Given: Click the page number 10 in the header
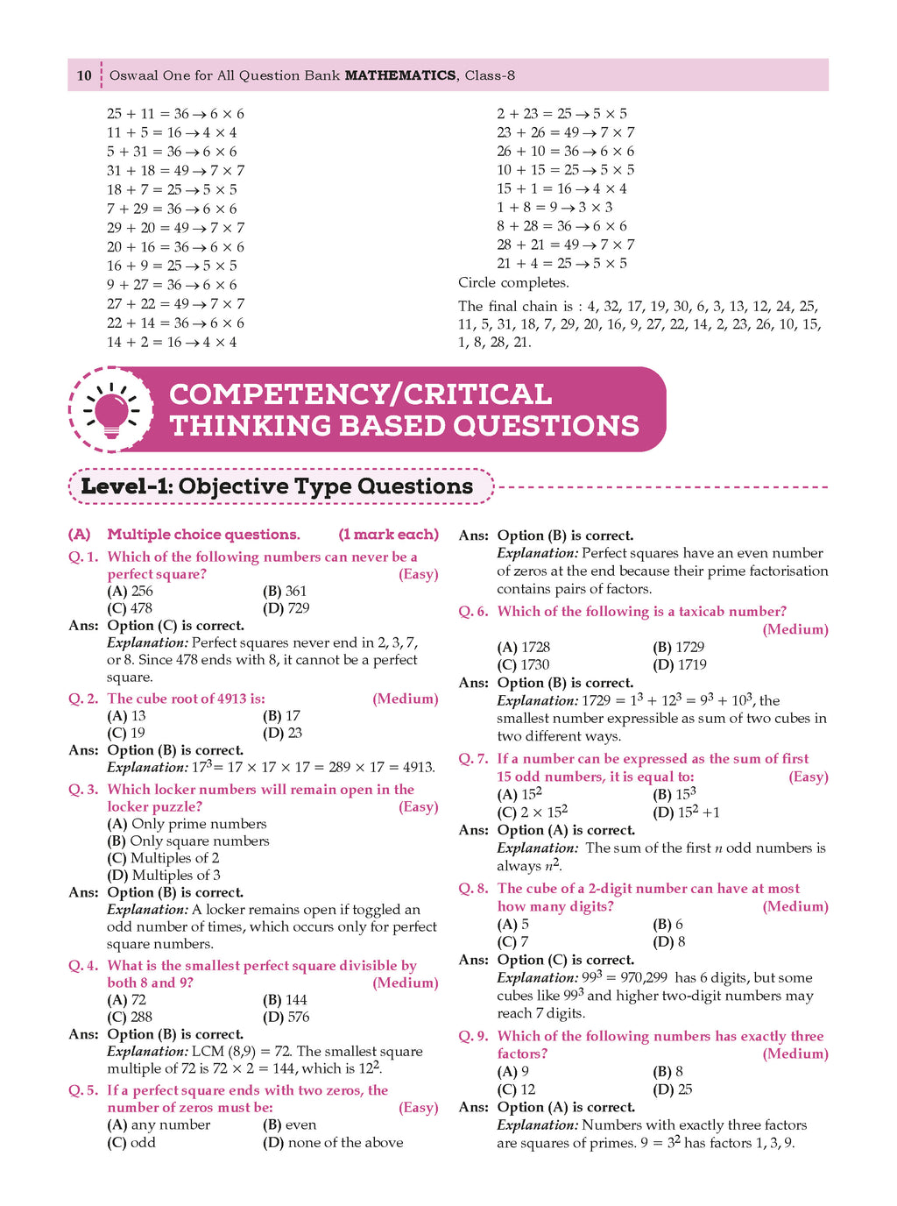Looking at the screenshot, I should [x=84, y=75].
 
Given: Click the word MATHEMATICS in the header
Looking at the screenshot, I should [x=400, y=75].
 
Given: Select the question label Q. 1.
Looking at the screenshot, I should [x=83, y=557].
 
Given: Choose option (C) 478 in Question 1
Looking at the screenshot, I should [x=130, y=608].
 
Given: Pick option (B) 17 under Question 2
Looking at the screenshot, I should [x=281, y=716].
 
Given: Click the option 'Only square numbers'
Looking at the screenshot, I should [x=188, y=841].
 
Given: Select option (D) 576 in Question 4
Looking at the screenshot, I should [x=286, y=1017].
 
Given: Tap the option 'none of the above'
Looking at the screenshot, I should [x=333, y=1142].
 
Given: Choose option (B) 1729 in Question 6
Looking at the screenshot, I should [x=678, y=647].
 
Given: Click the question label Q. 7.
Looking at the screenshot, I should [x=473, y=759].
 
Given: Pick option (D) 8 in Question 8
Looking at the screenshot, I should [x=669, y=942].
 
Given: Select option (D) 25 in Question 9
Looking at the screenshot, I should [x=673, y=1089].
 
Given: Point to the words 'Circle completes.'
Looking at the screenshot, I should [x=513, y=283].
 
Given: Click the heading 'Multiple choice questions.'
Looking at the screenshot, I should [x=203, y=535].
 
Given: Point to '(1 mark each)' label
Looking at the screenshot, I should [x=388, y=535].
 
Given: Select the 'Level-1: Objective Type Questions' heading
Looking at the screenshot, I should [x=277, y=486].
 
